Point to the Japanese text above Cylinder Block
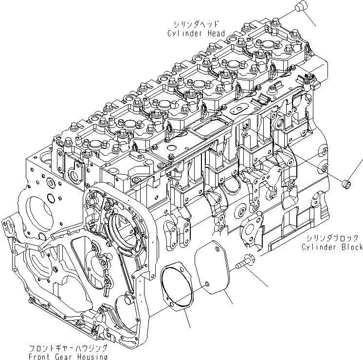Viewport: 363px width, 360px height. (x=334, y=238)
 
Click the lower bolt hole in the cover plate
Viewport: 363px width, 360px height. (x=206, y=284)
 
